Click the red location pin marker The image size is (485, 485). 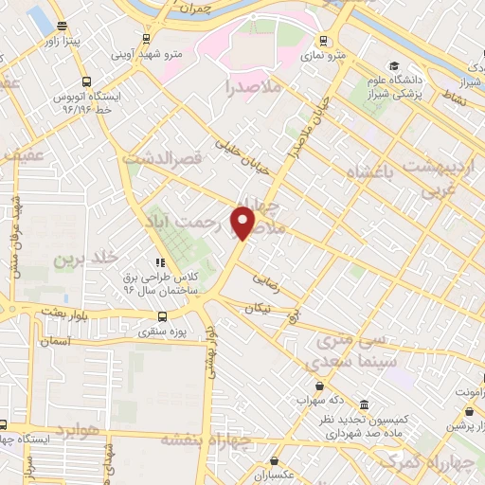245,222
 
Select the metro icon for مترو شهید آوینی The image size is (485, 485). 145,39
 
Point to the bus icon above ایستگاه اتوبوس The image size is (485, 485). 86,81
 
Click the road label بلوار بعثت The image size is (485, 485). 64,312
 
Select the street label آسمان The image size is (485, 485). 57,339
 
